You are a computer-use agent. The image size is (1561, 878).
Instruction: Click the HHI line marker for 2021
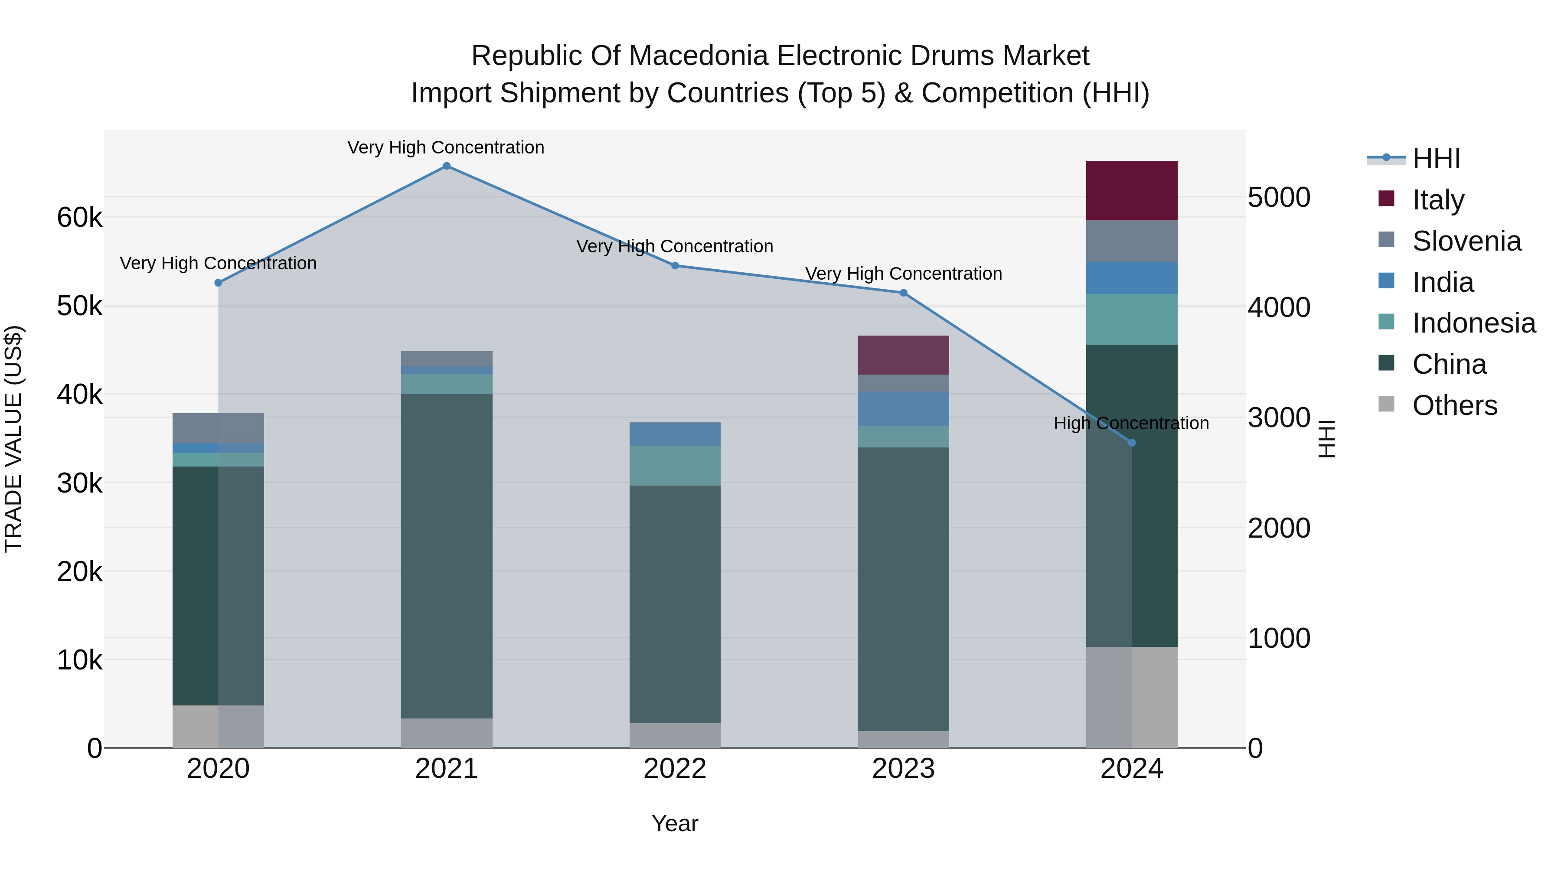pyautogui.click(x=447, y=166)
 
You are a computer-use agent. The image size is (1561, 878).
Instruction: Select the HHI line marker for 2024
pyautogui.click(x=1131, y=443)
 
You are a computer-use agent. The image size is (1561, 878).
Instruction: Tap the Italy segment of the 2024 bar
pyautogui.click(x=1131, y=190)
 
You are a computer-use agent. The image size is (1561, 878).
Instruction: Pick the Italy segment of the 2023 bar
pyautogui.click(x=903, y=355)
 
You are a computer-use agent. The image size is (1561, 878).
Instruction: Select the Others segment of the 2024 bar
pyautogui.click(x=1131, y=697)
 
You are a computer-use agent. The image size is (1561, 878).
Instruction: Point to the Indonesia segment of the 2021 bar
pyautogui.click(x=447, y=384)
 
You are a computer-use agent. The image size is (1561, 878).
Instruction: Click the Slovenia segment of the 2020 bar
pyautogui.click(x=218, y=428)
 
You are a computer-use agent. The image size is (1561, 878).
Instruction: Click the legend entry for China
pyautogui.click(x=1448, y=364)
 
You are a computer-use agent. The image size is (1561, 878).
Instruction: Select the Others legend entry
pyautogui.click(x=1454, y=405)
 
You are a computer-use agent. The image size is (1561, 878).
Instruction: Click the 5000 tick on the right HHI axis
pyautogui.click(x=1279, y=198)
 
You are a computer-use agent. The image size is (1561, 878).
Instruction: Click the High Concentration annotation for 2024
pyautogui.click(x=1131, y=423)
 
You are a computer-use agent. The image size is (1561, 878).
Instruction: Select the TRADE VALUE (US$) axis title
pyautogui.click(x=13, y=439)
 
